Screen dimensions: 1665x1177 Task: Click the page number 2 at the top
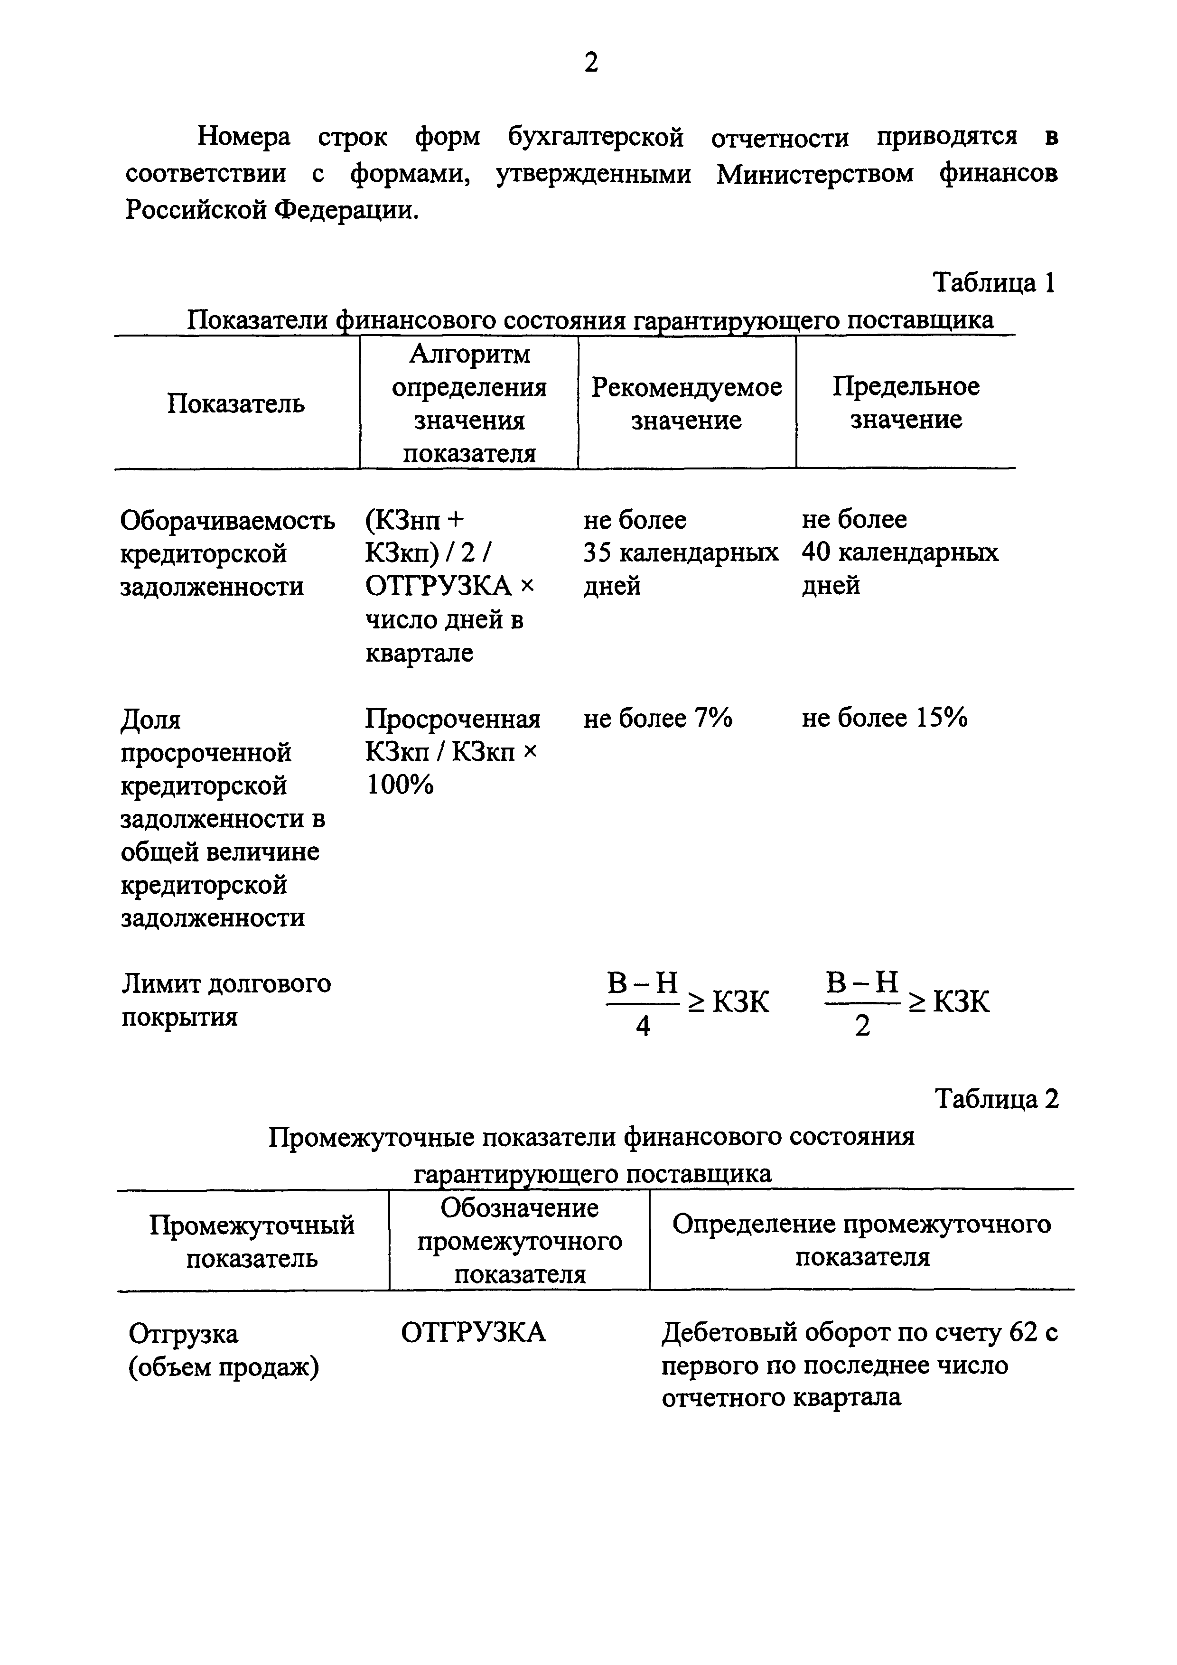[591, 64]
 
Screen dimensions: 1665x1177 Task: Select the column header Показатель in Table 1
[236, 403]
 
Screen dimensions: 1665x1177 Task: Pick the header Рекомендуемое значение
[686, 403]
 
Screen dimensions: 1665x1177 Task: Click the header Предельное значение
[906, 403]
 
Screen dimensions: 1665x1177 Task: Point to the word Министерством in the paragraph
[815, 175]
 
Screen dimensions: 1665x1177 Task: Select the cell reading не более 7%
[658, 718]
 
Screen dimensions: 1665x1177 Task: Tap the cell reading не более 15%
[884, 718]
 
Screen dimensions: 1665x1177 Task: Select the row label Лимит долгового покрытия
[225, 1000]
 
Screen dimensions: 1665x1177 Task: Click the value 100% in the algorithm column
[400, 785]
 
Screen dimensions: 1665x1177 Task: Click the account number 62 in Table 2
[1023, 1332]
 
